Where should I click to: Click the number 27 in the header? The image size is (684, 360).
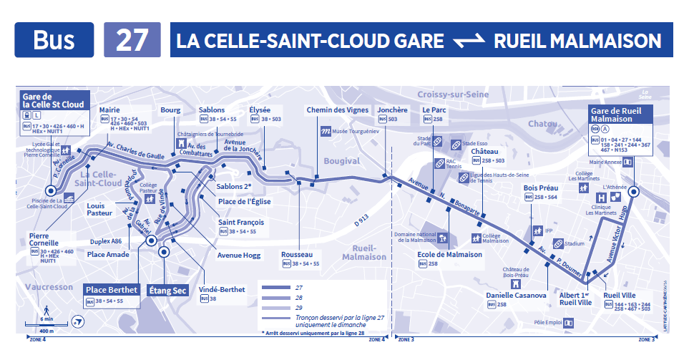132,40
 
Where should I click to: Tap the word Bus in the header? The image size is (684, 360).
54,40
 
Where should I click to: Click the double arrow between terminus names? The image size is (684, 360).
469,41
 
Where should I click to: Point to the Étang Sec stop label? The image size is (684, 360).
167,291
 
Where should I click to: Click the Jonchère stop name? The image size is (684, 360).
392,110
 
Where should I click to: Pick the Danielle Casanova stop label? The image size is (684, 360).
516,295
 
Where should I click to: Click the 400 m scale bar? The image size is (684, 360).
47,331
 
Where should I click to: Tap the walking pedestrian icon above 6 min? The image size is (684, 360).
47,310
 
